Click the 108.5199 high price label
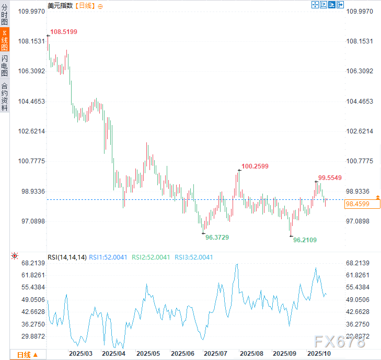click(x=63, y=32)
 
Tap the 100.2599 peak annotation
click(x=255, y=166)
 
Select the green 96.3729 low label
click(x=217, y=237)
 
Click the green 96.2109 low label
click(x=305, y=240)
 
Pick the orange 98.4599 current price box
click(x=357, y=204)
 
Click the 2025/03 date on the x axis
click(x=80, y=354)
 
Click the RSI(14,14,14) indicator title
click(x=66, y=257)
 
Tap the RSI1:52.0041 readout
click(x=108, y=257)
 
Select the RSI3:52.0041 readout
click(x=193, y=257)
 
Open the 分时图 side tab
click(x=5, y=15)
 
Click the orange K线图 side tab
click(x=5, y=40)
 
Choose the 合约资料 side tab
click(x=5, y=97)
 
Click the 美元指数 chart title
click(x=60, y=6)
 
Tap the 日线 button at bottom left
click(x=28, y=355)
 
